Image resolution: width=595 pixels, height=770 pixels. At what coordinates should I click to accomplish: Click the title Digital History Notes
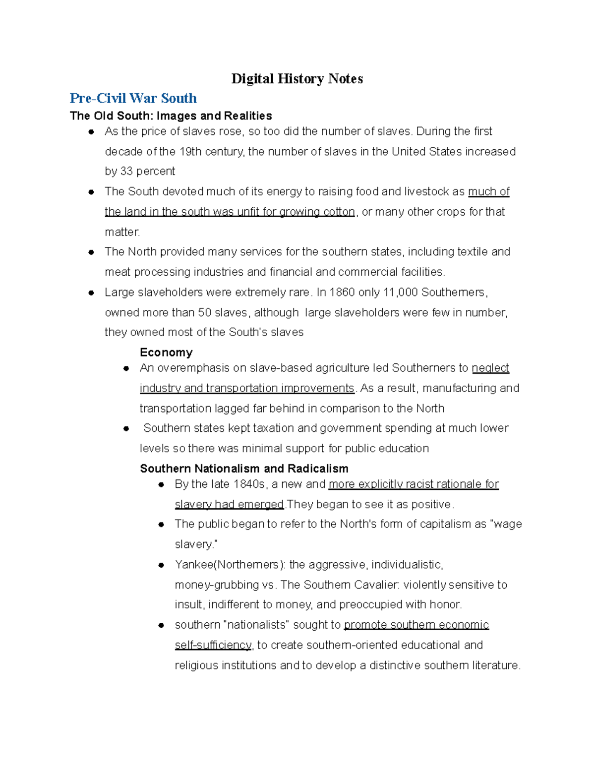297,79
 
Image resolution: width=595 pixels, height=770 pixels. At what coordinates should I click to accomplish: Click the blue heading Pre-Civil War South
133,98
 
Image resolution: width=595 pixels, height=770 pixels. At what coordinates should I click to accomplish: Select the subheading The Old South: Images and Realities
171,116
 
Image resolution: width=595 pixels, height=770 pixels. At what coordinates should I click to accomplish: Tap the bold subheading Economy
166,353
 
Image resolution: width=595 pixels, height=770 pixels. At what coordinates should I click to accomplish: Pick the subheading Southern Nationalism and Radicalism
244,469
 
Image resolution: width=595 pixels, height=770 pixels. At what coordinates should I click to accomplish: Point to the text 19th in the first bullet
190,152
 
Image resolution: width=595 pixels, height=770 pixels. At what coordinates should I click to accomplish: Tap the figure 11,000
401,293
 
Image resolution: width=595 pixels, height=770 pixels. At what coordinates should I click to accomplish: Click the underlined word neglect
490,368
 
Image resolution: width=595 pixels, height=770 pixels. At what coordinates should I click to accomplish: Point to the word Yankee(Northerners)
230,565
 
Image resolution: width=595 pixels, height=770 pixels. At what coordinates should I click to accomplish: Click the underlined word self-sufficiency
214,645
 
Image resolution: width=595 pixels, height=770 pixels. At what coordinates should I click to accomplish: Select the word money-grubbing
217,585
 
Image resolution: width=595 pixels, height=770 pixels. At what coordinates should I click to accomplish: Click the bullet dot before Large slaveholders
91,293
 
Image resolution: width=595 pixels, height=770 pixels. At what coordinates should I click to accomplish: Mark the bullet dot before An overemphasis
126,368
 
